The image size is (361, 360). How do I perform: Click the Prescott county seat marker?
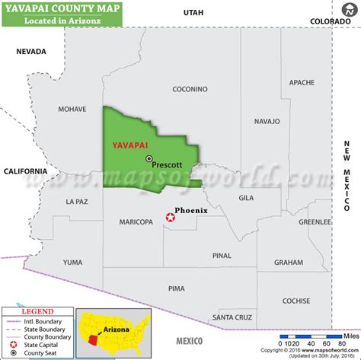(149, 158)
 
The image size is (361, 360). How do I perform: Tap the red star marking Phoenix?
(170, 218)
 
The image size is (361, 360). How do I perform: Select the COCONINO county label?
(190, 89)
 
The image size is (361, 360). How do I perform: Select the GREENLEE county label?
(315, 222)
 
